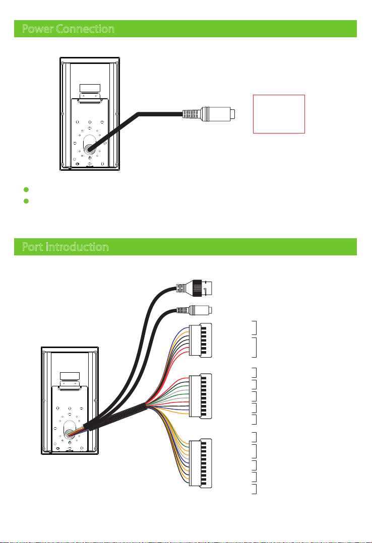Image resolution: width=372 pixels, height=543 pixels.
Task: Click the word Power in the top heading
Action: coord(37,29)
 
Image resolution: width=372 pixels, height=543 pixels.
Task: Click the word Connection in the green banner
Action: coord(85,29)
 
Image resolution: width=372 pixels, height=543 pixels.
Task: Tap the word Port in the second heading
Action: coord(33,247)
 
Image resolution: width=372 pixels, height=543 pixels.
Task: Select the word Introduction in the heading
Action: coord(77,247)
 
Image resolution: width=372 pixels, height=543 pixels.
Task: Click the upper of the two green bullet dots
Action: coord(26,189)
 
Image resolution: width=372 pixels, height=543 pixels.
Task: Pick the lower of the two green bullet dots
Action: coord(26,201)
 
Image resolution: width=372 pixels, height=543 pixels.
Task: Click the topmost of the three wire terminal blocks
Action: coord(201,341)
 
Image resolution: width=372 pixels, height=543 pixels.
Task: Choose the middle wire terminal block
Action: coord(201,396)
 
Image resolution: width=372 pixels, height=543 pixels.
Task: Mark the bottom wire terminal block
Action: coord(201,463)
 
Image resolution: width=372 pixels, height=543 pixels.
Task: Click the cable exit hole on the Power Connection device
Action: coord(90,150)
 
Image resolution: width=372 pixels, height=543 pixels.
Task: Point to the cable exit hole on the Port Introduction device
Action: coord(70,433)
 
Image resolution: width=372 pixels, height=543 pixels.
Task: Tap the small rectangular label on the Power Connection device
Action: coord(90,88)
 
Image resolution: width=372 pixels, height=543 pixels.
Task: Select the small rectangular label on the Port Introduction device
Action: coord(70,376)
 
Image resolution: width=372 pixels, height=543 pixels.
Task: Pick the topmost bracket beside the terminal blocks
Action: coord(255,327)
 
